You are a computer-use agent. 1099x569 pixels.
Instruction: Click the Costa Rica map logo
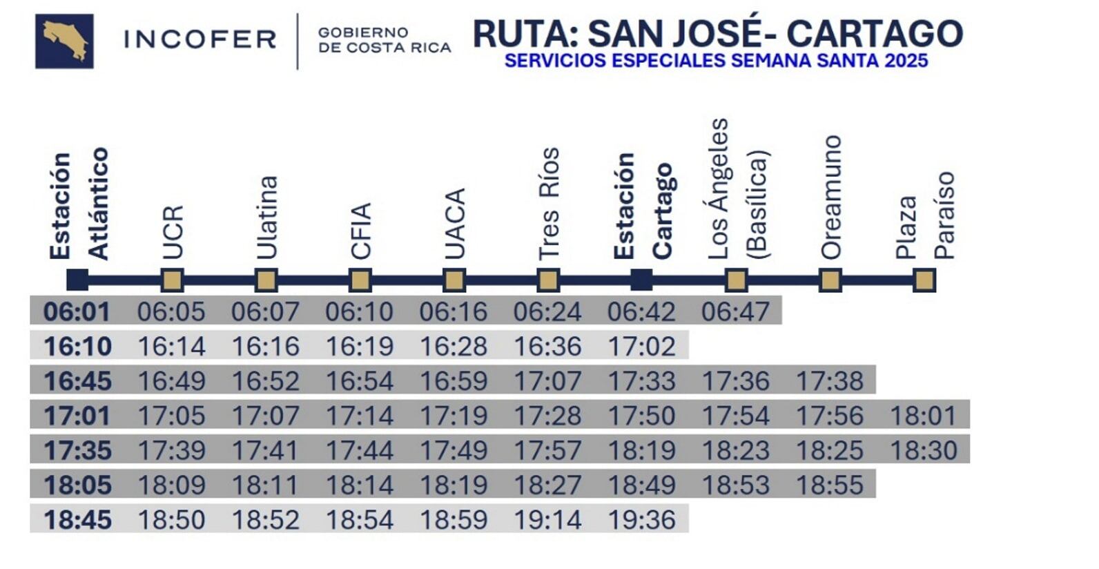(x=64, y=41)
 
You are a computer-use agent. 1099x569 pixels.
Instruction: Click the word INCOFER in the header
(x=200, y=39)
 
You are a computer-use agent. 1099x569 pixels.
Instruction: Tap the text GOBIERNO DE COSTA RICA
(x=384, y=40)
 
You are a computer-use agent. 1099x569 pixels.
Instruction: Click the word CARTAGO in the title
(x=875, y=33)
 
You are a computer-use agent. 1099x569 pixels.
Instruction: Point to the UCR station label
(x=172, y=232)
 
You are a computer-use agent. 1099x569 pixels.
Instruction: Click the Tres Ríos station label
(x=548, y=204)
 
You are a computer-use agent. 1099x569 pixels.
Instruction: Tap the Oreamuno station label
(x=830, y=197)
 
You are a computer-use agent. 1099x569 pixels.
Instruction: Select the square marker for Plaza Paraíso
(x=924, y=280)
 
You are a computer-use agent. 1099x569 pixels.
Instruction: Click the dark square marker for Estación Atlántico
(x=77, y=280)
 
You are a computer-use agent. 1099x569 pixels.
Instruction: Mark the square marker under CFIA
(x=360, y=280)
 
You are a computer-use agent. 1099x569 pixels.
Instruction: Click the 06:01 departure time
(x=77, y=311)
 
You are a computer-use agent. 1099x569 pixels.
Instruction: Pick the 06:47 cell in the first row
(x=735, y=311)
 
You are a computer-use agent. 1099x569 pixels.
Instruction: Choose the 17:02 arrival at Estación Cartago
(x=641, y=346)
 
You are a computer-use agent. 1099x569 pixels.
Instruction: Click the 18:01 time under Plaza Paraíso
(x=923, y=416)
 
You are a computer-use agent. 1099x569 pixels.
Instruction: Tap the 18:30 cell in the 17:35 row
(x=923, y=450)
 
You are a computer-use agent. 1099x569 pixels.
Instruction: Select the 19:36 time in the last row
(x=641, y=520)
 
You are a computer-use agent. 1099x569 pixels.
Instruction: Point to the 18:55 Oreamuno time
(x=829, y=485)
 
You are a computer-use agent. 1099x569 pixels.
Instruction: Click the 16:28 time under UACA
(x=454, y=346)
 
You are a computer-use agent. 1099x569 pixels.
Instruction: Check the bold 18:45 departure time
(x=77, y=520)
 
